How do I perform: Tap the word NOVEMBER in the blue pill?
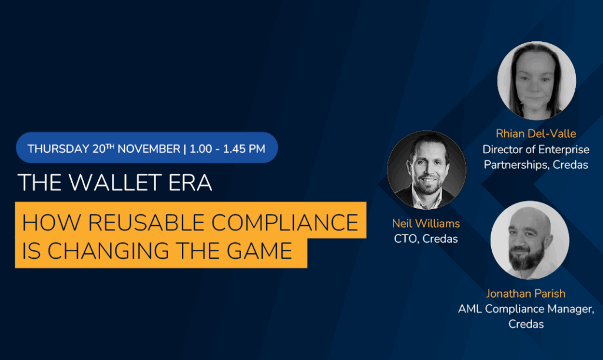click(148, 148)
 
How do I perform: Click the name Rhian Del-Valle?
click(535, 134)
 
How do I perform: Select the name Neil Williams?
click(426, 224)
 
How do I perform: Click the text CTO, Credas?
click(426, 239)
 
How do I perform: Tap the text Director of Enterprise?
click(535, 150)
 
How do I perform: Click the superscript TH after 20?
click(111, 145)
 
